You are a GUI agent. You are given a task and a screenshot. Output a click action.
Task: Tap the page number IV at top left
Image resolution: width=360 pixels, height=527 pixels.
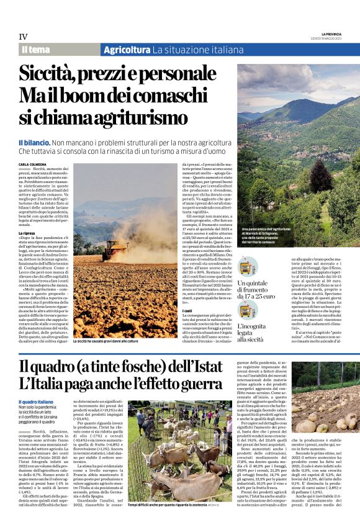point(23,37)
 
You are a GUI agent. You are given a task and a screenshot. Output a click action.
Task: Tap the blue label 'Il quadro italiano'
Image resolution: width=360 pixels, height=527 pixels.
point(35,403)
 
